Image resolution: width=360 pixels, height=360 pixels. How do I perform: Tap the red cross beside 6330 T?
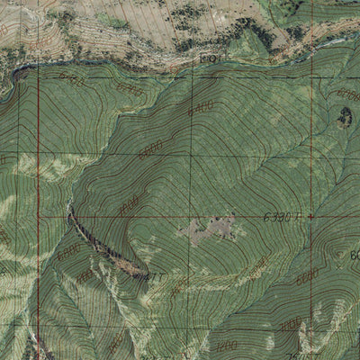pos(310,217)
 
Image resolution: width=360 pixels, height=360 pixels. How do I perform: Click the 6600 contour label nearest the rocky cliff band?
pos(149,147)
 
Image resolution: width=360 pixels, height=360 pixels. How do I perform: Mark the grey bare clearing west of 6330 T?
pos(211,229)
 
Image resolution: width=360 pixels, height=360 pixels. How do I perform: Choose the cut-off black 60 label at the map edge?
pos(354,255)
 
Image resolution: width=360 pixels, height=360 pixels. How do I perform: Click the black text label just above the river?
pos(212,59)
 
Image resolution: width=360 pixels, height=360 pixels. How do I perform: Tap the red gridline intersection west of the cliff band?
pos(39,217)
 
